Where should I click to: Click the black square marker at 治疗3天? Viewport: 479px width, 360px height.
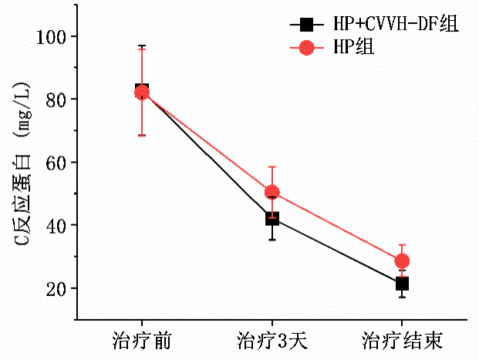[272, 219]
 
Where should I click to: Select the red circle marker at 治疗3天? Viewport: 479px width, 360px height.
[272, 192]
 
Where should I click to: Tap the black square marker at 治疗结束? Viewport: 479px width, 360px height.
[402, 284]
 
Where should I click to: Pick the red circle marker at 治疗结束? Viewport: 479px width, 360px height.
[402, 261]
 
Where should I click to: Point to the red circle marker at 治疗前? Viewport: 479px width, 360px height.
[142, 93]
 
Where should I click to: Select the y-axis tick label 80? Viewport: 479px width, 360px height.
[57, 99]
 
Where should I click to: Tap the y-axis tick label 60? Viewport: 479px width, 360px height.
[57, 163]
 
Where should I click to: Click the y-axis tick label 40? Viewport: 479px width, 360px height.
[57, 225]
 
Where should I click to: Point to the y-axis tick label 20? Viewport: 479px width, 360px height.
[57, 288]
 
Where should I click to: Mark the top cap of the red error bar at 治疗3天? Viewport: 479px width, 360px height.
[272, 167]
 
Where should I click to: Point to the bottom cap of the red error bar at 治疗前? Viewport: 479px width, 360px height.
[142, 136]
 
